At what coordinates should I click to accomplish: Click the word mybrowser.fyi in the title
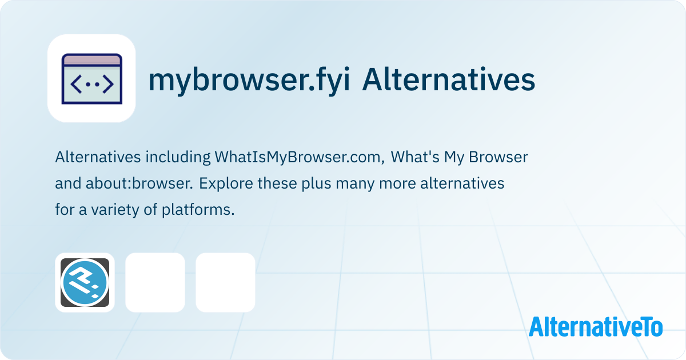(x=249, y=81)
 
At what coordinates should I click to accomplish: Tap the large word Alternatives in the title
(x=449, y=79)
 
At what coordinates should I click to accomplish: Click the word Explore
(x=226, y=183)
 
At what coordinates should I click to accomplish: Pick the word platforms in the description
(x=198, y=210)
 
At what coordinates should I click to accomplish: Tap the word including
(x=178, y=157)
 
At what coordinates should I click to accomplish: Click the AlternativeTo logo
(x=596, y=327)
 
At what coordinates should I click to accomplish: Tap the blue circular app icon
(x=85, y=282)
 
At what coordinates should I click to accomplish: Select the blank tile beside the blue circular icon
(x=155, y=282)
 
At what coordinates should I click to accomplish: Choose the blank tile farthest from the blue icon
(x=225, y=282)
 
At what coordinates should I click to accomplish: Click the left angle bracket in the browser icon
(x=76, y=84)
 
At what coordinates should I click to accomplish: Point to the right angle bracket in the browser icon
(x=108, y=84)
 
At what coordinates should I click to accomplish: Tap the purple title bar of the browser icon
(x=92, y=60)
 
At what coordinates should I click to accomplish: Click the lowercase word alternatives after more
(x=462, y=183)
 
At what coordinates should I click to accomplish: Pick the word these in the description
(x=277, y=183)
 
